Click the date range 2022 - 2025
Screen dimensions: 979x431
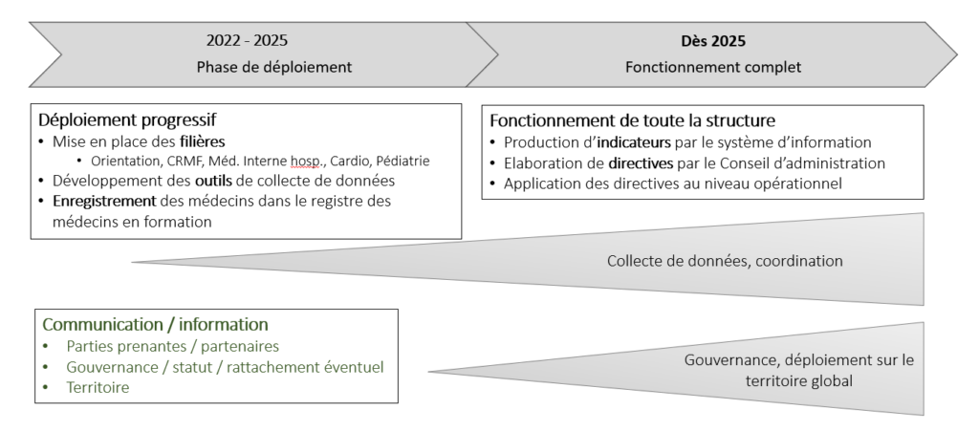[x=248, y=40]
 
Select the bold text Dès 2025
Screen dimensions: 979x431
[x=713, y=41]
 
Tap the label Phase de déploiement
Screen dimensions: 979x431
[x=274, y=67]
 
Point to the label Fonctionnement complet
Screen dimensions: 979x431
[x=713, y=67]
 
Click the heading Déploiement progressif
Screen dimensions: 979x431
[x=127, y=119]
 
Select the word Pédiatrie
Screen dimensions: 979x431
[x=402, y=161]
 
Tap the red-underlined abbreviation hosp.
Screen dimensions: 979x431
[x=307, y=162]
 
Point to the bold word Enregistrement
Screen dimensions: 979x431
[x=104, y=202]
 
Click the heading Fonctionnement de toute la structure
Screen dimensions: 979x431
[x=633, y=119]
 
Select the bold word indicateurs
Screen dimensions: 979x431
[x=634, y=142]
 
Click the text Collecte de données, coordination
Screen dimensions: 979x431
[x=725, y=261]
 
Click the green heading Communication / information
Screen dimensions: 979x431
[x=156, y=324]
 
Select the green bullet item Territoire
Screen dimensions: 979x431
[x=98, y=387]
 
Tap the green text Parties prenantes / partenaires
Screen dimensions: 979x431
[x=173, y=346]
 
